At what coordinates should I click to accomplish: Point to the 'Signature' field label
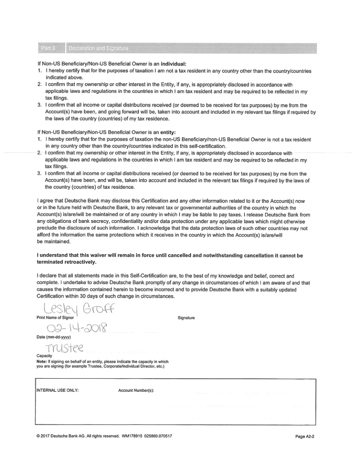coord(186,318)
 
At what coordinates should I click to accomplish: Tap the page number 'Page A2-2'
coord(307,436)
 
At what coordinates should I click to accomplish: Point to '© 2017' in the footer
coord(44,436)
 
